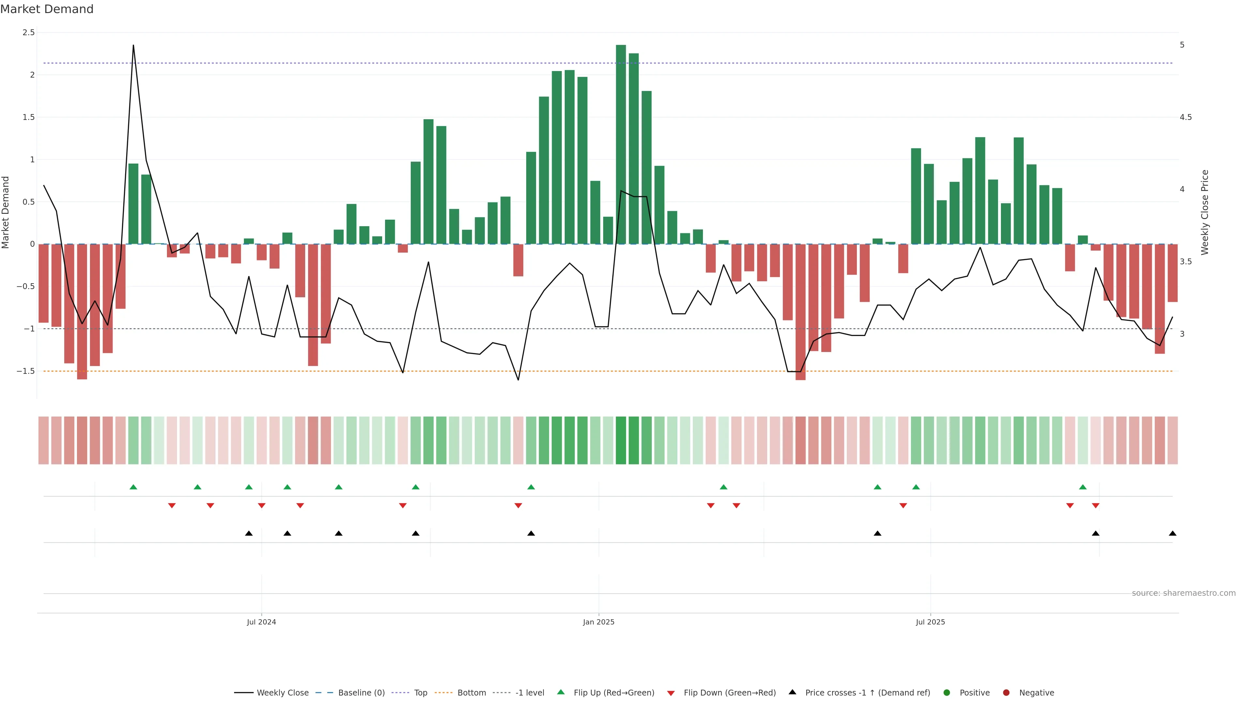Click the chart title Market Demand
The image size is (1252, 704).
(47, 9)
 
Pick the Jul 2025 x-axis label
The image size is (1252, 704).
(930, 622)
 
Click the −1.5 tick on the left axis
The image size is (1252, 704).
(26, 371)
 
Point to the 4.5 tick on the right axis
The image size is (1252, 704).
(1185, 117)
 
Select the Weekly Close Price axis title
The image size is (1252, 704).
(1204, 212)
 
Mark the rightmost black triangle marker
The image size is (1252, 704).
(1172, 534)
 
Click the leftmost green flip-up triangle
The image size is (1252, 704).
(133, 487)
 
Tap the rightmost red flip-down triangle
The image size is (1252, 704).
(1095, 506)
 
